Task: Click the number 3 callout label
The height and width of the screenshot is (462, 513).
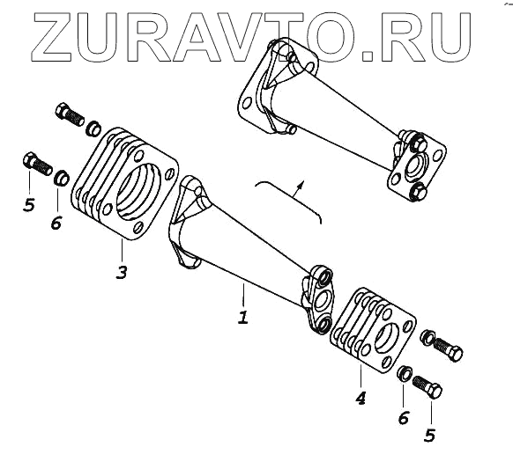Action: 122,272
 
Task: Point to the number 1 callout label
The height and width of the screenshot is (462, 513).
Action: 242,318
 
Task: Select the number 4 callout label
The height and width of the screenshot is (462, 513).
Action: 361,399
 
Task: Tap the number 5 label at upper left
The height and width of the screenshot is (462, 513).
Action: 29,205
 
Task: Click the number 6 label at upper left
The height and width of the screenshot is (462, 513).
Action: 56,224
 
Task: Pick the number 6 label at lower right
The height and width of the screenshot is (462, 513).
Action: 404,418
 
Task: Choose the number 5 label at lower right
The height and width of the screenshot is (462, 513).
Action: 430,436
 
